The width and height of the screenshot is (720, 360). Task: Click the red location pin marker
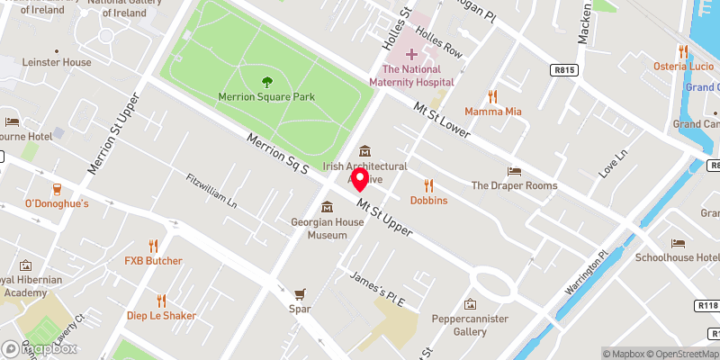[x=360, y=179]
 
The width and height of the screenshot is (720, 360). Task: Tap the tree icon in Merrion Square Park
[x=265, y=82]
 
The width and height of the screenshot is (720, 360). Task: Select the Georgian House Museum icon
[x=327, y=207]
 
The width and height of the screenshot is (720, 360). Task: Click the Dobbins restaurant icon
[x=428, y=185]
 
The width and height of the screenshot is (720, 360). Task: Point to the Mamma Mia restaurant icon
[x=492, y=96]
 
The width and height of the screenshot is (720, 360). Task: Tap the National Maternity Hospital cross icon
[x=411, y=54]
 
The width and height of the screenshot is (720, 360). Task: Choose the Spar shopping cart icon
[x=301, y=294]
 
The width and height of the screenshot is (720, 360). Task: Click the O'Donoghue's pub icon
[x=57, y=189]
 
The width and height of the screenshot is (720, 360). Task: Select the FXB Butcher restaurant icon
[x=153, y=246]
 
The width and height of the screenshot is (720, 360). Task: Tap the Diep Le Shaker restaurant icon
[x=161, y=300]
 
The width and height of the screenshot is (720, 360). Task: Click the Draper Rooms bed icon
[x=514, y=171]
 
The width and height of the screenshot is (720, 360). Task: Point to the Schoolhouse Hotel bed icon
[x=677, y=243]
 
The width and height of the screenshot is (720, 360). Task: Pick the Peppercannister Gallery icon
[x=469, y=304]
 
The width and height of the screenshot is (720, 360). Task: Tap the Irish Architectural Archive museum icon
[x=364, y=151]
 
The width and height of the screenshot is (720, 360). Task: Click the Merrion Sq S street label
[x=278, y=154]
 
